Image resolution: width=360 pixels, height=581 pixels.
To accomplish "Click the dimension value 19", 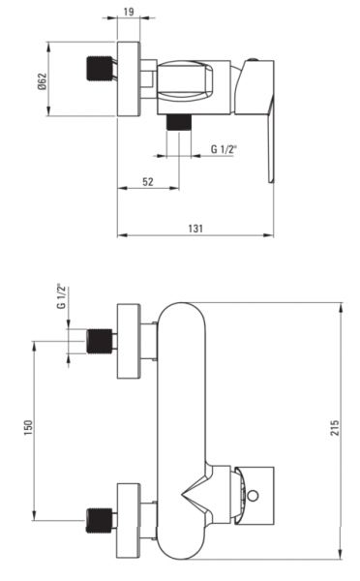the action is [x=129, y=12].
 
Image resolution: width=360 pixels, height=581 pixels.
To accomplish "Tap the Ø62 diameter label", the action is [x=42, y=81].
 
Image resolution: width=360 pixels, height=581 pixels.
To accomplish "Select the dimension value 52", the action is [x=148, y=182].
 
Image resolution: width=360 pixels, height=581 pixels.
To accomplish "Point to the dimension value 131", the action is [x=195, y=229].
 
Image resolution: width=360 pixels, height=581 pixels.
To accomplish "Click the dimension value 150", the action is [x=28, y=427].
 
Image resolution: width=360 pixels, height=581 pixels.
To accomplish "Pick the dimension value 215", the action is [x=335, y=428].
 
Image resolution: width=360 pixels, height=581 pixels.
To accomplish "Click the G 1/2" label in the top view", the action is [x=224, y=149].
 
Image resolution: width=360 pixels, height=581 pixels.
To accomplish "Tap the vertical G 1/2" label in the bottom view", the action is [x=61, y=296].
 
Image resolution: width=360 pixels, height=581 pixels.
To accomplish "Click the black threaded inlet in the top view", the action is [x=100, y=68].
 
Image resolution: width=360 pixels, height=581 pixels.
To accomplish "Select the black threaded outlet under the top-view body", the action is [x=178, y=122].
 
